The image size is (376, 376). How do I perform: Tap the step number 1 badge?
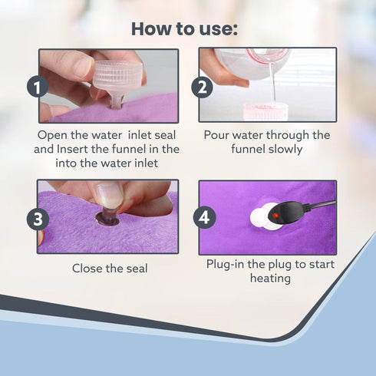tap(38, 87)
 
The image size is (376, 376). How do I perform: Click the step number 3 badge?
tap(38, 219)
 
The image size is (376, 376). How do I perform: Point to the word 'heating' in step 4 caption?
tap(270, 279)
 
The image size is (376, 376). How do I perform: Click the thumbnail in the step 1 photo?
tap(80, 66)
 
